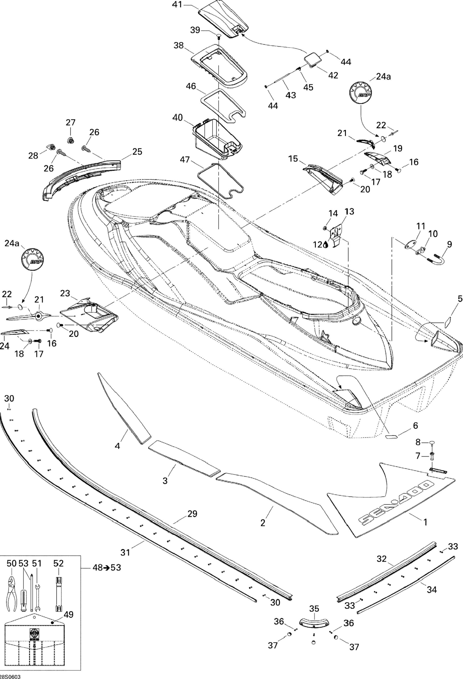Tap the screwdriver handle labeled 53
pyautogui.click(x=24, y=599)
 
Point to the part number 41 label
pyautogui.click(x=177, y=5)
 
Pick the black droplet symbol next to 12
pyautogui.click(x=326, y=245)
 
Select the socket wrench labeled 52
pyautogui.click(x=59, y=593)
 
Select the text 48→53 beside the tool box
pyautogui.click(x=107, y=567)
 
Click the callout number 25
pyautogui.click(x=137, y=152)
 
